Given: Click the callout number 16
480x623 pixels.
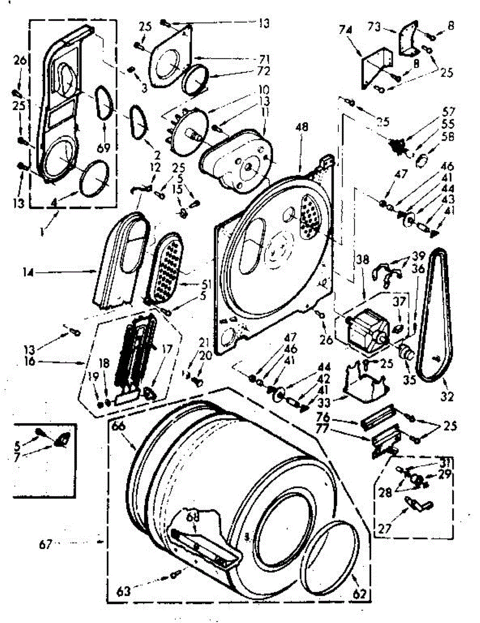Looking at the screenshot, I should click(29, 361).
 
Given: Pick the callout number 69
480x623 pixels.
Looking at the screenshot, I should click(104, 148).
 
